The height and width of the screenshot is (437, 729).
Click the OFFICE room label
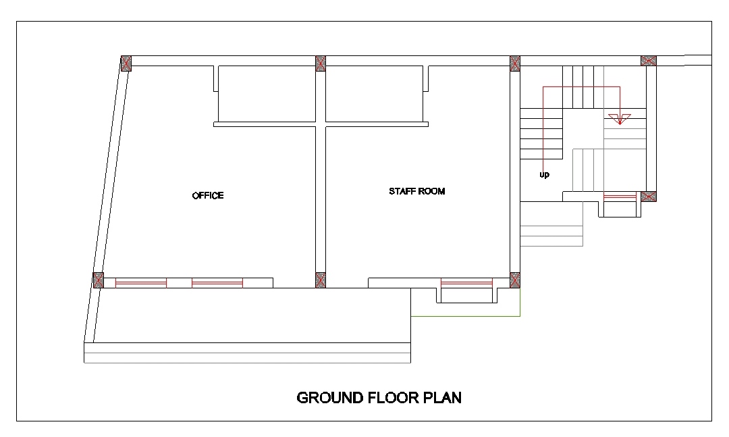click(208, 195)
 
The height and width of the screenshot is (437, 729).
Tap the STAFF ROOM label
click(417, 191)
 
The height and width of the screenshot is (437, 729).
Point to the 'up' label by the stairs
click(545, 175)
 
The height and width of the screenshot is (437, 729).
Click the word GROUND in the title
click(330, 398)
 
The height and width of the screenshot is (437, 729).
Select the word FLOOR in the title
click(394, 398)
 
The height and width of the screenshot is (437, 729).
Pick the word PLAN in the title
click(442, 398)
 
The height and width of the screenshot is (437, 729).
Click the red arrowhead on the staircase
click(620, 119)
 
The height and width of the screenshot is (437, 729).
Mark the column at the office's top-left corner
click(126, 63)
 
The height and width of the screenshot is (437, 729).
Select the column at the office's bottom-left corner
click(98, 280)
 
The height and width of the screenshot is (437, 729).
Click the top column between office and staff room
click(321, 63)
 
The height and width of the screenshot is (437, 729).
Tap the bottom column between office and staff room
click(321, 280)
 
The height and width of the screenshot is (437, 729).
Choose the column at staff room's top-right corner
click(514, 63)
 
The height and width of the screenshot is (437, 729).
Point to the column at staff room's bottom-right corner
click(514, 280)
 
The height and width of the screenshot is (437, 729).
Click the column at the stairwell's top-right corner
click(649, 61)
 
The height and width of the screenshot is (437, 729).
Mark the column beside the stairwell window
click(649, 197)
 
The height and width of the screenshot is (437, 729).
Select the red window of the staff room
click(466, 282)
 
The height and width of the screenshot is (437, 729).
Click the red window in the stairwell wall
click(620, 197)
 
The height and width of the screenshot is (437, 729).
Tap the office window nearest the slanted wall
click(141, 282)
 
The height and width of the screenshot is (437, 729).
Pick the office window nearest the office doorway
click(217, 282)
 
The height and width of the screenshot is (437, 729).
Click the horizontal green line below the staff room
click(465, 317)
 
